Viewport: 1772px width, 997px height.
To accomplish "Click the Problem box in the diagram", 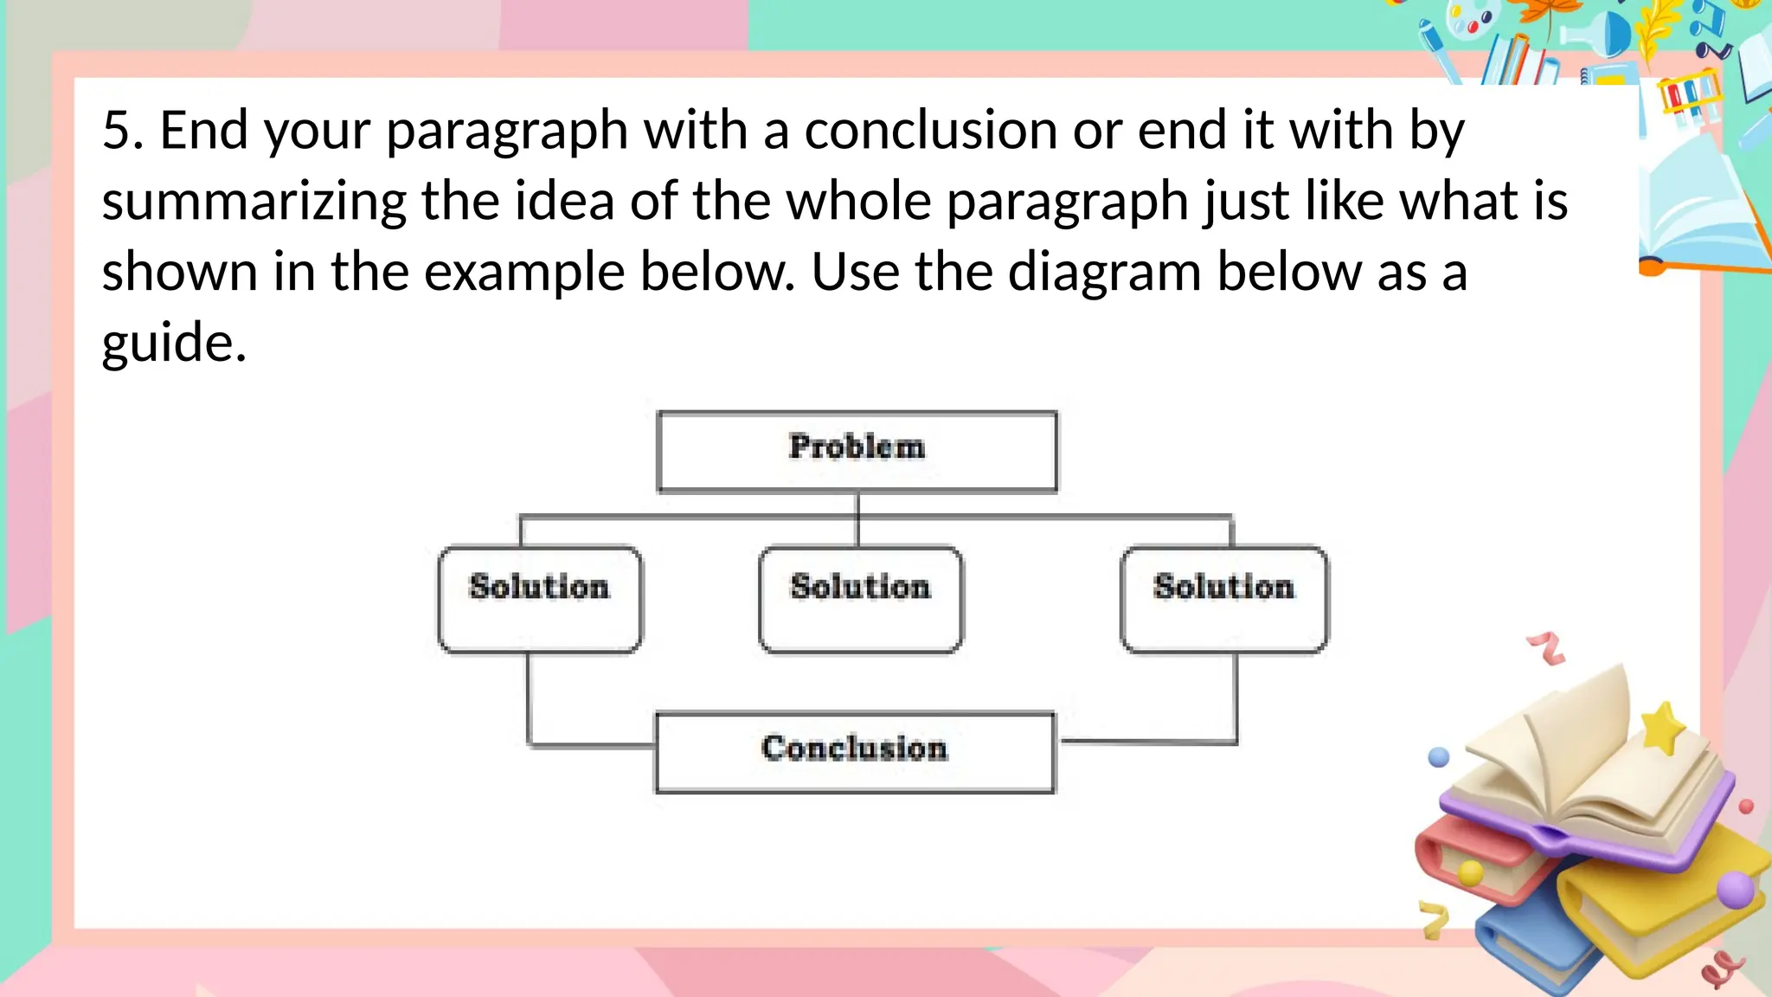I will coord(857,451).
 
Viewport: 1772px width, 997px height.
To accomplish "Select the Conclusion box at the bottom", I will coord(855,751).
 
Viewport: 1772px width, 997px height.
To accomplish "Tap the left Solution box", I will coord(540,598).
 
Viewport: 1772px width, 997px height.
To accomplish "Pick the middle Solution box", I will coord(860,598).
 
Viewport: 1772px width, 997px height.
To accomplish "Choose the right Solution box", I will coord(1223,598).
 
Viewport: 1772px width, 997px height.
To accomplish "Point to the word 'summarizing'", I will coord(254,203).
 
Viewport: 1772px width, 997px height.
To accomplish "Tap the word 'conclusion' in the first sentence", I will coord(930,131).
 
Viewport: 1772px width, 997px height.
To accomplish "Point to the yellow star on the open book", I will coord(1662,726).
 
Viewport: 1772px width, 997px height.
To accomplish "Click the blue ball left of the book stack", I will coord(1438,757).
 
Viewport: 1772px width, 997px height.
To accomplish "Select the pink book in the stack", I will coord(1471,857).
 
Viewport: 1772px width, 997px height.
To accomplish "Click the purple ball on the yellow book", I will coord(1734,890).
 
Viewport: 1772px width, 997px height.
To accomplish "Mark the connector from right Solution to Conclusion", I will coord(1236,710).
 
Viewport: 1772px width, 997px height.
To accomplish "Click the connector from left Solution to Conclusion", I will coord(530,710).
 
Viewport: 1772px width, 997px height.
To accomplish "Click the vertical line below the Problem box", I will coord(857,518).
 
